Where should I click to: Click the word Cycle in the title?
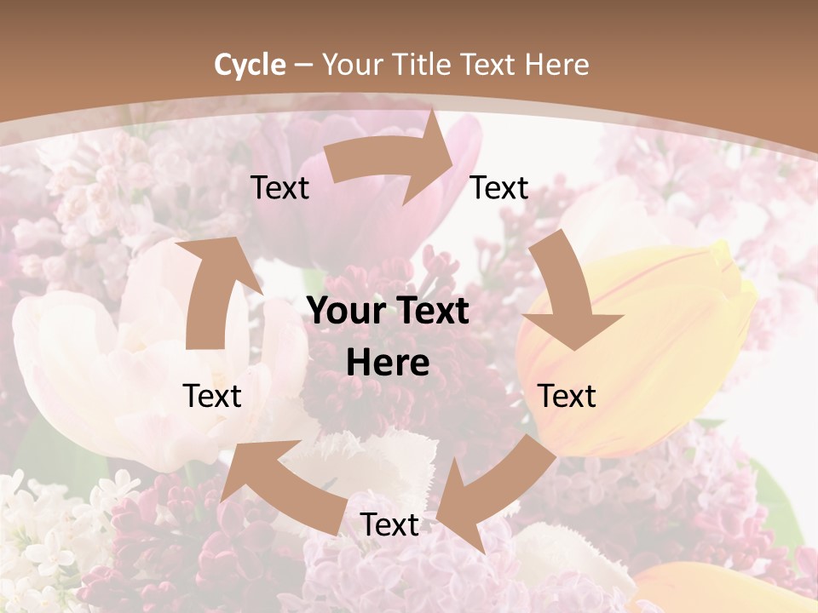(x=250, y=65)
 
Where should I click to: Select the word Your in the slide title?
(x=351, y=65)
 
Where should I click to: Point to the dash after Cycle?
(x=302, y=66)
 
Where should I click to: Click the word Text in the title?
(x=490, y=65)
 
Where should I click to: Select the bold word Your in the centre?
(x=347, y=312)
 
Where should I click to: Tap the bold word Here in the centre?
(x=388, y=364)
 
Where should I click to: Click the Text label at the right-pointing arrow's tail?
(x=279, y=188)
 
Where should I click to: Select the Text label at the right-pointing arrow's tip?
(x=499, y=188)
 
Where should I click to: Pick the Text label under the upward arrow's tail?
(x=212, y=396)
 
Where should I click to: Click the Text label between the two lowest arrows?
(x=389, y=524)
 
